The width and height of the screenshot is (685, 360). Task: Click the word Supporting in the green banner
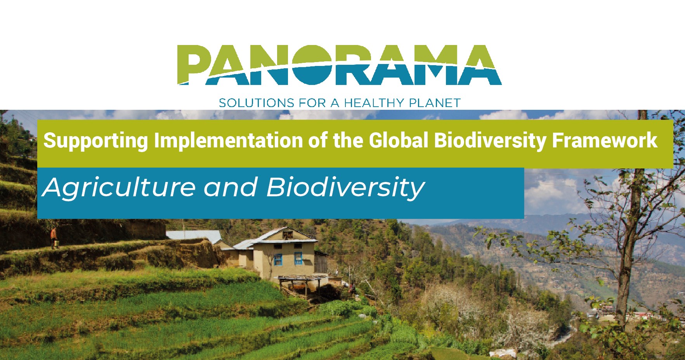[96, 141]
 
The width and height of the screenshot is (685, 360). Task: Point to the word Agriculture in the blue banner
[120, 188]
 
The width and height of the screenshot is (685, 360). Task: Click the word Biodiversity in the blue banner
[345, 188]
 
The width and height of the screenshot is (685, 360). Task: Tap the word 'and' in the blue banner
[231, 187]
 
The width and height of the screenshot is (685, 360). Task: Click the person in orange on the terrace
[54, 237]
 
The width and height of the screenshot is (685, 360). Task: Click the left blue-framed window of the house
[278, 259]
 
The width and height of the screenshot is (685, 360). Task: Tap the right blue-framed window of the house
[298, 258]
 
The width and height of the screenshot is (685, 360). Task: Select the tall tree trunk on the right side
[633, 217]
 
